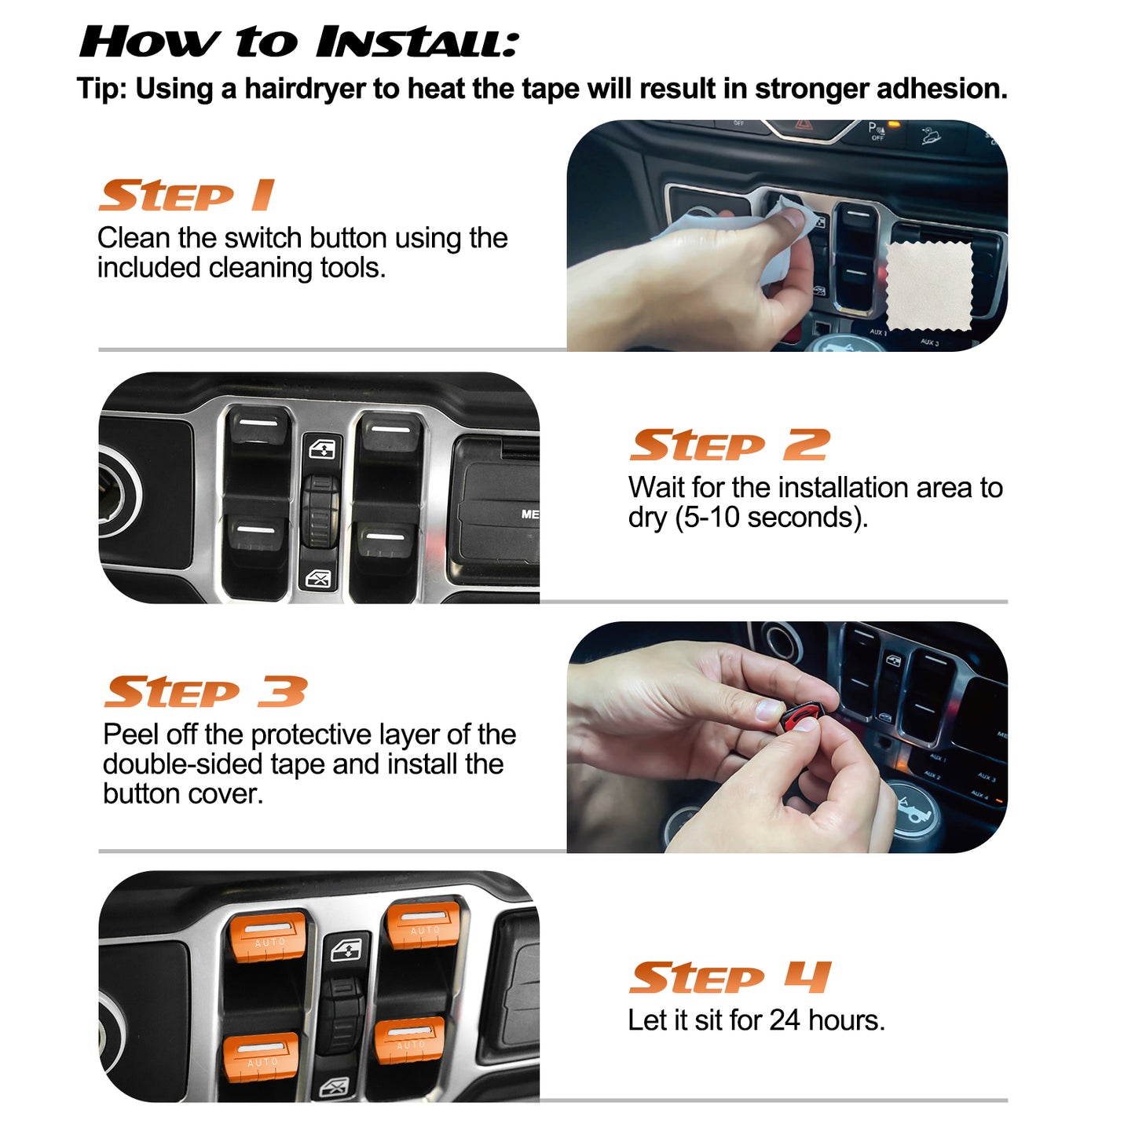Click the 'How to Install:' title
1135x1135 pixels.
tap(298, 42)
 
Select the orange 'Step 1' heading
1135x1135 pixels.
tap(186, 196)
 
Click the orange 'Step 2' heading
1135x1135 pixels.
tap(729, 445)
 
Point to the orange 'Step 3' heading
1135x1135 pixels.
tap(205, 692)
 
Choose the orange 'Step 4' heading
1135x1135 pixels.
tap(729, 978)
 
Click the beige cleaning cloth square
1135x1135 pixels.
tap(929, 286)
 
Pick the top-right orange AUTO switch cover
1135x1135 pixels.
tap(424, 924)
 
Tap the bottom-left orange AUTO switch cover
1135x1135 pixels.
tap(261, 1056)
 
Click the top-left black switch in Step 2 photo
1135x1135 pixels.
tap(258, 428)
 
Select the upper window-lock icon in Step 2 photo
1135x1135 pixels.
tap(323, 449)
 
